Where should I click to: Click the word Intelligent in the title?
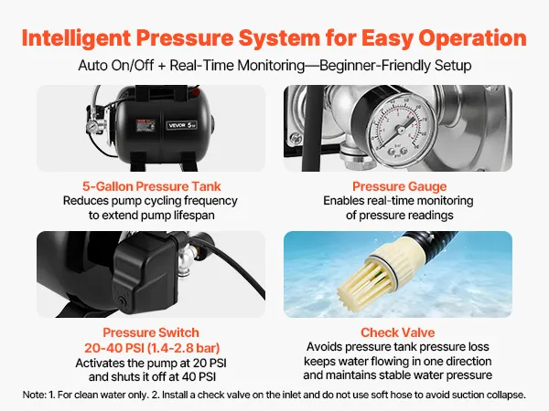coord(76,37)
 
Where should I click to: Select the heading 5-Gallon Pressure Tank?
coord(152,186)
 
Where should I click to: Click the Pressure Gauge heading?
coord(400,186)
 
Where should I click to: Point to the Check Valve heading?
coord(398,332)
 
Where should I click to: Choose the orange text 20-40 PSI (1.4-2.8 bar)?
coord(152,348)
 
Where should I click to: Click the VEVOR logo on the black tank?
coord(182,125)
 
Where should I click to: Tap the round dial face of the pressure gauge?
coord(398,129)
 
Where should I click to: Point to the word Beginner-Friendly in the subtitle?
coord(375,66)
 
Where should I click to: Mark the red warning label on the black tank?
coord(145,125)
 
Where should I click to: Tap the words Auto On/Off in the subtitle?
coord(116,66)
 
